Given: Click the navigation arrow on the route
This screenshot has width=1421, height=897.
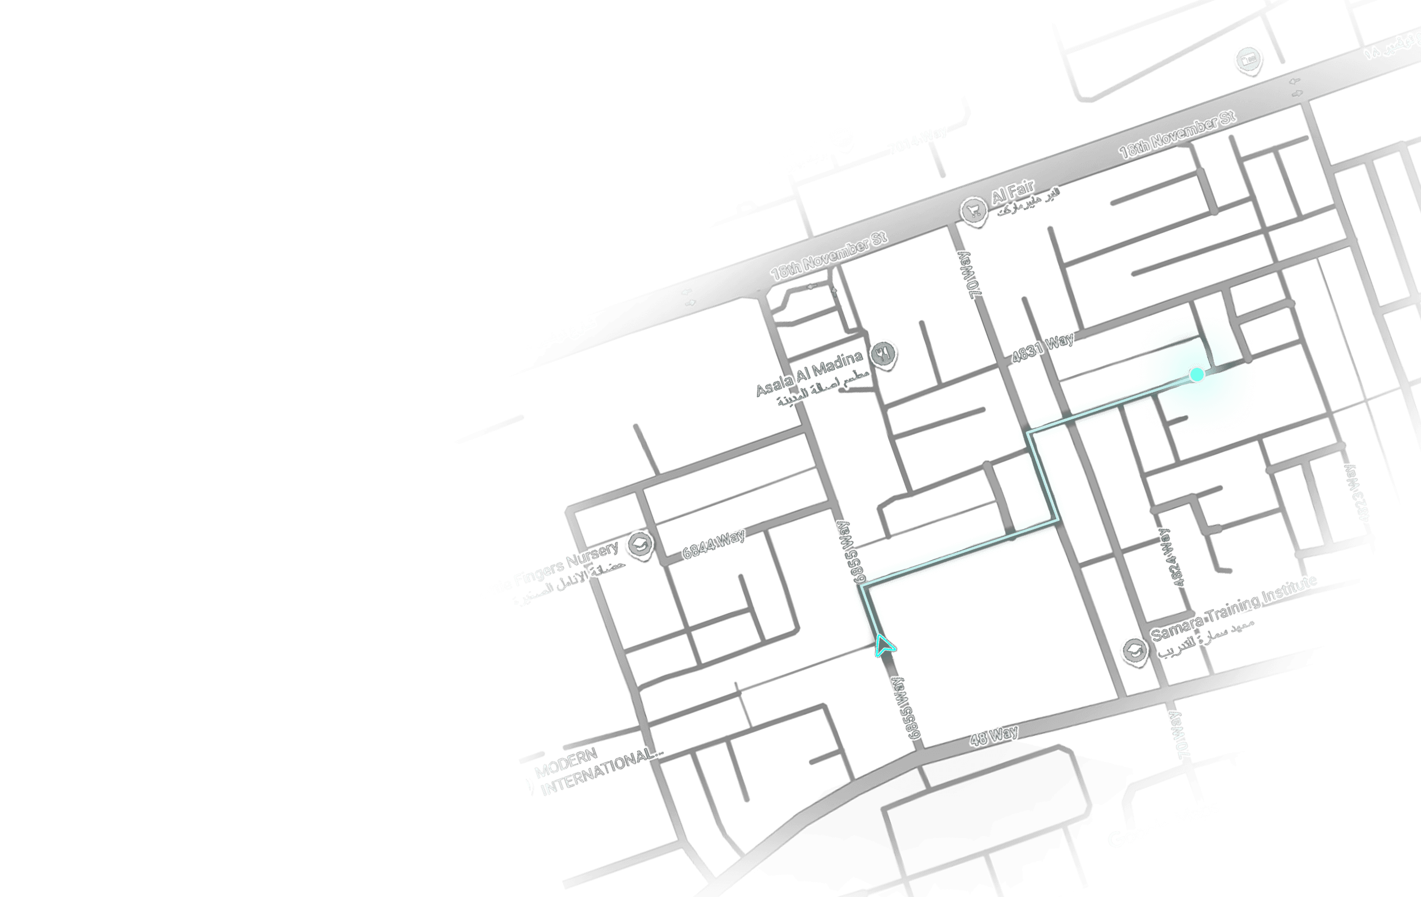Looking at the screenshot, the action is coord(884,646).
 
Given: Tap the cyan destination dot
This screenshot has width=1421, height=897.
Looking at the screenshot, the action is coord(1197,374).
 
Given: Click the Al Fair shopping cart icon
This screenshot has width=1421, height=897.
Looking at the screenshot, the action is coord(974,210).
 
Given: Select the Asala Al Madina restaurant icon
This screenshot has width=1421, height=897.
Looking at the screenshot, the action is coord(884,353).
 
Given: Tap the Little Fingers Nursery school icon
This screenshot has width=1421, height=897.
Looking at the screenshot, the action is coord(640,544).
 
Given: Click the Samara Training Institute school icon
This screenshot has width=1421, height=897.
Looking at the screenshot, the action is coord(1134,650).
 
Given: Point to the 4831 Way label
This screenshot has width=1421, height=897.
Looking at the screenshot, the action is coord(1042,348).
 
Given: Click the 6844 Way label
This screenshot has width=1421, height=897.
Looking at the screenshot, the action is coord(714,544).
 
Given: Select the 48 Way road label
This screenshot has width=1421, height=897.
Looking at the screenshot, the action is coord(994,736).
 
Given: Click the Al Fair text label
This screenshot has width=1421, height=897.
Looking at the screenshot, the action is coord(1013,192).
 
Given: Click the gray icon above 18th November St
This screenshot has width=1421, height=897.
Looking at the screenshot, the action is coord(1248,59).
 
